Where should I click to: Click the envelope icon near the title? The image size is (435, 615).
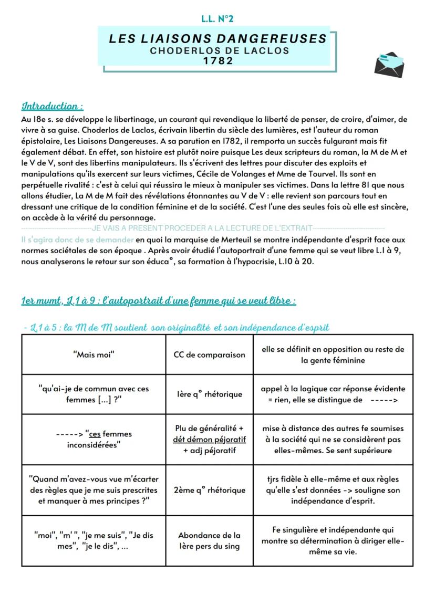[389, 65]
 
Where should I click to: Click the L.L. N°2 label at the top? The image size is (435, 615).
[217, 19]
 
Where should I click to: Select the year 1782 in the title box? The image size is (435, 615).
[218, 60]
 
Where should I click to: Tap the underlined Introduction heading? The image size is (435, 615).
[53, 107]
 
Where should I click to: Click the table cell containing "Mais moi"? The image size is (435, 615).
[94, 354]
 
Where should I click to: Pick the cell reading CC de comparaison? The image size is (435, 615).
[209, 355]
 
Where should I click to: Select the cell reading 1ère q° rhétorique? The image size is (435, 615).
[209, 394]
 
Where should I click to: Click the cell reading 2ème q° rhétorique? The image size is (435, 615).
[209, 490]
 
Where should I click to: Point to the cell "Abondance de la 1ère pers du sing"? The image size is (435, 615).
[209, 540]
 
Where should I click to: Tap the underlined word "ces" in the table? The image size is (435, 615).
[95, 434]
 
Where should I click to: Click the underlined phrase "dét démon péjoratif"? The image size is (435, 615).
[209, 439]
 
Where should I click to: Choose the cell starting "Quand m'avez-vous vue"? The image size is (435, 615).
[94, 490]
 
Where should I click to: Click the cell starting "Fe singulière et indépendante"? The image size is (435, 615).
[333, 540]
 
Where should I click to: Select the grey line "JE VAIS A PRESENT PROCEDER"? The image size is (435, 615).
[203, 228]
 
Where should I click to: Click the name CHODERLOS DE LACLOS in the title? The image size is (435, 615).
[220, 51]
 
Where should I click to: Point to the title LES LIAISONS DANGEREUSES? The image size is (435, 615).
[218, 39]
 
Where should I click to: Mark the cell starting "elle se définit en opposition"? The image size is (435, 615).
[333, 355]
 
